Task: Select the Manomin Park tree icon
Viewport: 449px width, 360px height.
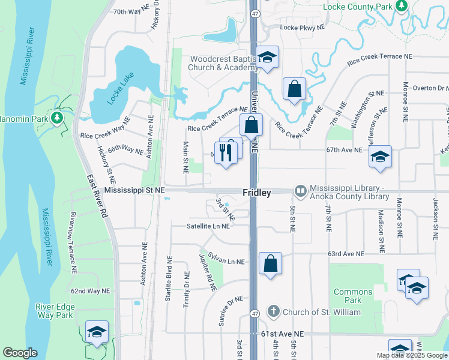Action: pos(58,118)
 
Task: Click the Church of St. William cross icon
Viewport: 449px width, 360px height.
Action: pos(273,311)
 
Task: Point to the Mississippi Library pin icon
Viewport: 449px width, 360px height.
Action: pos(300,191)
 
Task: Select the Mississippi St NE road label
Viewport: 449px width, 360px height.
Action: pos(134,190)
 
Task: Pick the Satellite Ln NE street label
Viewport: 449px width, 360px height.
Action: pos(208,226)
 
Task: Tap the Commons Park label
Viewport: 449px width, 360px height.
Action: pos(353,296)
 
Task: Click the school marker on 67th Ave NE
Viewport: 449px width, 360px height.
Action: pos(380,157)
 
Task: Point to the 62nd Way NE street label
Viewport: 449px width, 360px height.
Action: pos(90,291)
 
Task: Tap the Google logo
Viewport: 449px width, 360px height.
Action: pos(20,353)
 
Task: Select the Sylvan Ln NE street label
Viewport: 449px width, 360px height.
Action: pos(226,259)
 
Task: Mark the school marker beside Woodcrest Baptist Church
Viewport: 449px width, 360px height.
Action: pos(268,58)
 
